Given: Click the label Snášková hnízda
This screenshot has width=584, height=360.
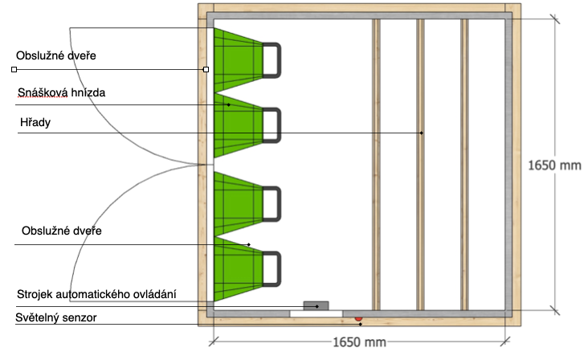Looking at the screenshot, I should tap(61, 93).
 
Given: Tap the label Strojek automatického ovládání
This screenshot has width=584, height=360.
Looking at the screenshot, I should tap(96, 294).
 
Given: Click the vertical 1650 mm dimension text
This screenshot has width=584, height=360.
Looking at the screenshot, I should tap(554, 166).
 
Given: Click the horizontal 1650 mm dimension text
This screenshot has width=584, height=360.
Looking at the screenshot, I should tap(359, 342).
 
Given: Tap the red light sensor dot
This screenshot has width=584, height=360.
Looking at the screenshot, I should tap(358, 318).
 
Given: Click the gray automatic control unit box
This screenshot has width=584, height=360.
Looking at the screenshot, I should tap(316, 305).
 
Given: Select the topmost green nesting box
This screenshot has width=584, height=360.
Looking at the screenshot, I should tap(238, 60).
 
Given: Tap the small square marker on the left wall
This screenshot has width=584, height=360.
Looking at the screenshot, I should tap(206, 70).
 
